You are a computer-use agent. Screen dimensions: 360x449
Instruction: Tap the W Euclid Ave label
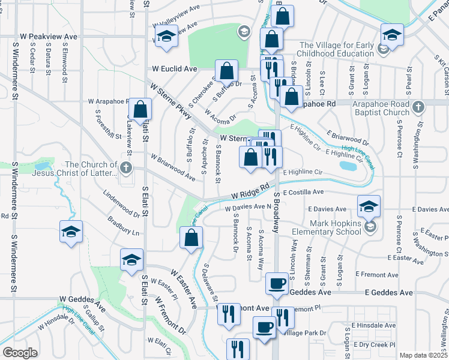175,70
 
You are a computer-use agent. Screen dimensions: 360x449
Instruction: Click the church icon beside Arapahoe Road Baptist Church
419,106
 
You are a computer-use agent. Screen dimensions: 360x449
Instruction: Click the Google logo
20,353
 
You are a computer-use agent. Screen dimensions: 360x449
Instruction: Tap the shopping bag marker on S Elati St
140,110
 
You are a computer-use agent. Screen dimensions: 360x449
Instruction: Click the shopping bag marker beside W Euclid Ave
228,72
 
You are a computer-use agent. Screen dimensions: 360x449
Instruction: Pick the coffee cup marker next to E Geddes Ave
277,283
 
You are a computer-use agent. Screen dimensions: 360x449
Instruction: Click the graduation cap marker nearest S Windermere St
71,232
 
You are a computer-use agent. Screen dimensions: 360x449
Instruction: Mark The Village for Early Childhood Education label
336,49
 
